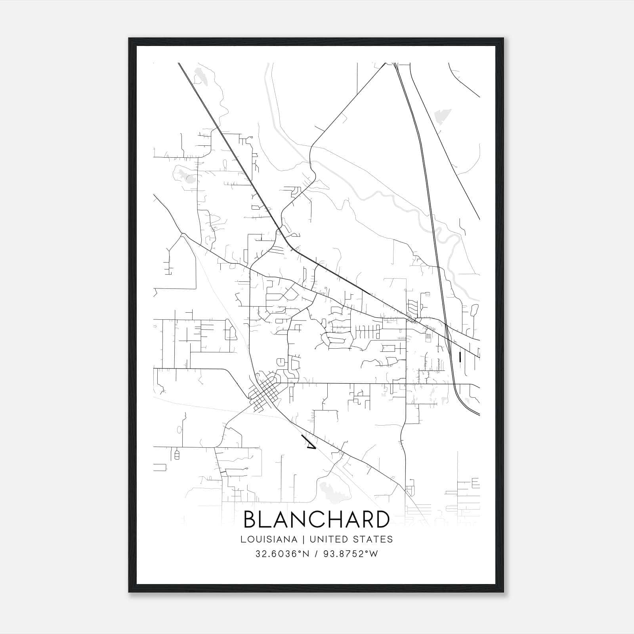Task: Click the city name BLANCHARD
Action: click(316, 519)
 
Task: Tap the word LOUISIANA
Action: click(269, 539)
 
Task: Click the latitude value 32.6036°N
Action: click(282, 554)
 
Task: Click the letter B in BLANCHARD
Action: click(251, 519)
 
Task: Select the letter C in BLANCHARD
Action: click(317, 519)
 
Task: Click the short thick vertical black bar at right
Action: click(460, 357)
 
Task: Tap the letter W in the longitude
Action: click(374, 554)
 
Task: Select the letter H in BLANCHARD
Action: click(335, 519)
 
